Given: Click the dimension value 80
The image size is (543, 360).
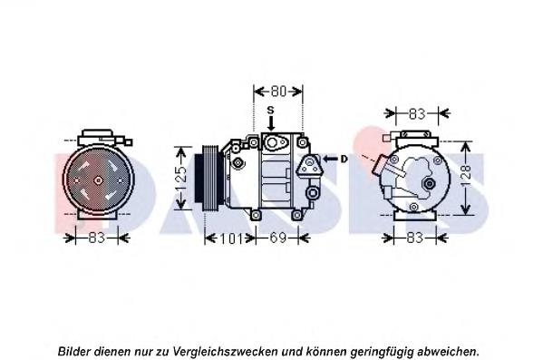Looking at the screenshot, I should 277,92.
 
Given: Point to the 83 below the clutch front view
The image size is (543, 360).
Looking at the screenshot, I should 98,238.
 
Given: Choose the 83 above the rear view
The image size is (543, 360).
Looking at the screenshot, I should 416,114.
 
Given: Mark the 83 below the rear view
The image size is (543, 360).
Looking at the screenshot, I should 416,238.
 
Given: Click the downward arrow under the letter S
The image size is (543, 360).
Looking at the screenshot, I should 269,129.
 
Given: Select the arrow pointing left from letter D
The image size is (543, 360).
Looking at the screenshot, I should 331,159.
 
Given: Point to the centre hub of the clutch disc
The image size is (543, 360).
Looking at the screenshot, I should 97,180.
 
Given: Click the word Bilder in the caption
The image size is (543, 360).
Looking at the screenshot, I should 74,350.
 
